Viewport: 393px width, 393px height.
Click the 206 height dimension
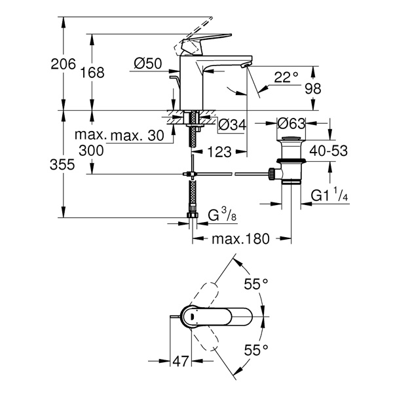coord(63,64)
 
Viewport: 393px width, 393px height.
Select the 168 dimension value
coord(92,73)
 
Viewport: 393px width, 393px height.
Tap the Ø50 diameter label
coord(148,64)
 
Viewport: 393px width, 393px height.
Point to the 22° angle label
coord(286,77)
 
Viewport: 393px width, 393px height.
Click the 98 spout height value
coord(313,88)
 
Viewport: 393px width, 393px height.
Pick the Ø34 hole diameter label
coord(233,124)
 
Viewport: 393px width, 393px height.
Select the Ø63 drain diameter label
coord(291,123)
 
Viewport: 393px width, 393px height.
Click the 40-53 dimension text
coord(329,151)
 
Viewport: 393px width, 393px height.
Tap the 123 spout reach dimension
coord(219,152)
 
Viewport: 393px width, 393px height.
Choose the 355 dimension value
coord(62,164)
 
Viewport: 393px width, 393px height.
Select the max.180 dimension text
coord(240,239)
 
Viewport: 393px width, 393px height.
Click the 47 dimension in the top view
coord(180,361)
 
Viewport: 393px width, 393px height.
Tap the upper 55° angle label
coord(256,284)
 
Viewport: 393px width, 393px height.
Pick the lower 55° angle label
coord(256,350)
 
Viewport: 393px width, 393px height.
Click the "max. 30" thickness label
coord(137,136)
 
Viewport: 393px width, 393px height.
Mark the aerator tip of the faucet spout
coord(244,65)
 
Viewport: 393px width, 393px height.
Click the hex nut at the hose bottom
coord(193,215)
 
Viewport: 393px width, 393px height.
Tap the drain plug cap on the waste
coord(291,138)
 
